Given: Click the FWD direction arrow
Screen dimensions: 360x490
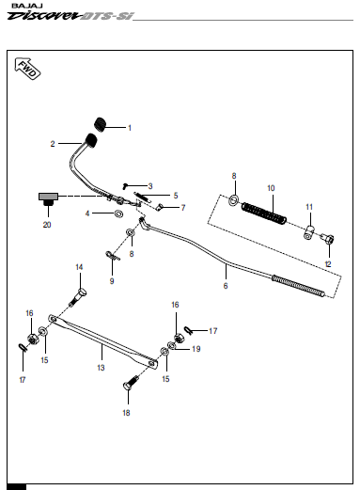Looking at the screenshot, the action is pos(27,69).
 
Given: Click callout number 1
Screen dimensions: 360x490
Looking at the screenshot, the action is pos(130,128).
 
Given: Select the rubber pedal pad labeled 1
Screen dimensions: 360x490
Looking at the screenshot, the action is pos(100,123).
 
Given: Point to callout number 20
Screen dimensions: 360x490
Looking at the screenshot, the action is pos(47,225).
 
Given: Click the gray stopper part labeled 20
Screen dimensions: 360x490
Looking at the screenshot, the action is pos(48,199).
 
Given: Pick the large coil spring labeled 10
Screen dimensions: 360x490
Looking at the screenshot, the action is pos(264,213).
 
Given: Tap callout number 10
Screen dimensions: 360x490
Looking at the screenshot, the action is pos(271,188).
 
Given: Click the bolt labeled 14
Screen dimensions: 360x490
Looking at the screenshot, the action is pos(78,297).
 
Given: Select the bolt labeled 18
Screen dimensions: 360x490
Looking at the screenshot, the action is pos(131,382).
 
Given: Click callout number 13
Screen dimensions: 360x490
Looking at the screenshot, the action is pos(101,368).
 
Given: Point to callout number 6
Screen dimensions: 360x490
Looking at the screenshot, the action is pos(226,286).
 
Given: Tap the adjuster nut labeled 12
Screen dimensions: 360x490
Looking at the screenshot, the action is pos(327,239).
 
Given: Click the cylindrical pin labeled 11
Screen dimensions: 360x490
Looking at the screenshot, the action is pos(309,232).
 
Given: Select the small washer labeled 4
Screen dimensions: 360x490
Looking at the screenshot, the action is pos(118,213).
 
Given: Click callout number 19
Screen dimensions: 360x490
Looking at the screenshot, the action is pos(196,349).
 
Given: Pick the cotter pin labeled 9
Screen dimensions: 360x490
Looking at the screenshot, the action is pos(113,256).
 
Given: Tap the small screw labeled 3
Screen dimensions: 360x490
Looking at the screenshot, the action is pos(125,186).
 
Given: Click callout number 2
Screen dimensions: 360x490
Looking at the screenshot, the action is pos(53,144).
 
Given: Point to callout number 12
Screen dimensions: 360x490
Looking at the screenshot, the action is pos(328,264).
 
